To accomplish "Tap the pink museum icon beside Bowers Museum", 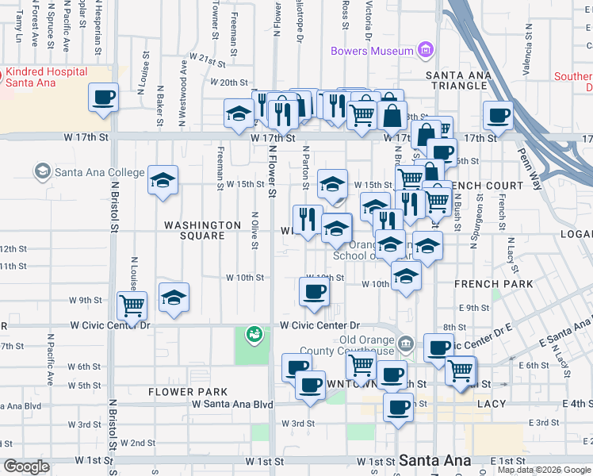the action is [x=427, y=50].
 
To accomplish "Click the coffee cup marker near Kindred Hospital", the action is [x=103, y=98].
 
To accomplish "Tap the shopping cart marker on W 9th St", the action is [x=132, y=305].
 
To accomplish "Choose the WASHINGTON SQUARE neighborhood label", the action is [x=202, y=225].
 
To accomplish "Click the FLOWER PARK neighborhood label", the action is [x=188, y=392].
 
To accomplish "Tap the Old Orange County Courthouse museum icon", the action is [x=406, y=344].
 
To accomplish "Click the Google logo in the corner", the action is [x=26, y=466].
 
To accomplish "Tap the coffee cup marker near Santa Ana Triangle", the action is [x=498, y=116].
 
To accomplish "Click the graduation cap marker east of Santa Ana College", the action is [x=163, y=182].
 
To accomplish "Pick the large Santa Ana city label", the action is [x=435, y=460].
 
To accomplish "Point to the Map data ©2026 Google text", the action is [x=545, y=470].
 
